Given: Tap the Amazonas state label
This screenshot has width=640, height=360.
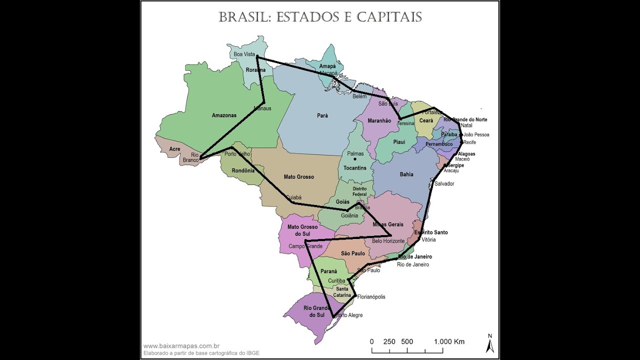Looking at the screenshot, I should tap(224, 115).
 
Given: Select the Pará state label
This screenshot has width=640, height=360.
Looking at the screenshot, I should tap(322, 115).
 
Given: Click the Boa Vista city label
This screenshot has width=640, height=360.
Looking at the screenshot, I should tap(244, 54).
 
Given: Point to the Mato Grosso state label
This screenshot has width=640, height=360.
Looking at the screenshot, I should tap(299, 177).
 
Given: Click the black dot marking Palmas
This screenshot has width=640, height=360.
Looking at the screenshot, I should tap(355, 159).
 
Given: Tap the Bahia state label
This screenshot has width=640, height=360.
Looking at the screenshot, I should tap(406, 174).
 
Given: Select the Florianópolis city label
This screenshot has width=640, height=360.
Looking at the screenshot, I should tap(371, 297).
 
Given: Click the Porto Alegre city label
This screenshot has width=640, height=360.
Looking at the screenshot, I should tap(348, 315).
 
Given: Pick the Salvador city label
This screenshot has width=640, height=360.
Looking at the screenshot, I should tap(444, 184).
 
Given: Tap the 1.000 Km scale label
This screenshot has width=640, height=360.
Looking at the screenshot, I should tap(449, 342).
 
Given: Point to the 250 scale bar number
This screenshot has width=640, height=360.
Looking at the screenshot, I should tap(389, 342).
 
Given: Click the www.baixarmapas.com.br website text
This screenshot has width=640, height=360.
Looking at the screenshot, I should tap(181, 345).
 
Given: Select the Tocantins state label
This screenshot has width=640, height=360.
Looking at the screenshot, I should tap(355, 168).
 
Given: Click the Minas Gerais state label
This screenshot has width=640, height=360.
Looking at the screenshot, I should tap(388, 224).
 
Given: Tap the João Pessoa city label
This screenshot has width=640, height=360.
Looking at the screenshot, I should tap(476, 135).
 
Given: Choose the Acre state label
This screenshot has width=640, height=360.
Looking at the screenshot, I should tap(174, 149).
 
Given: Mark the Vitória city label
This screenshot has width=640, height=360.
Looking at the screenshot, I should tap(428, 240).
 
